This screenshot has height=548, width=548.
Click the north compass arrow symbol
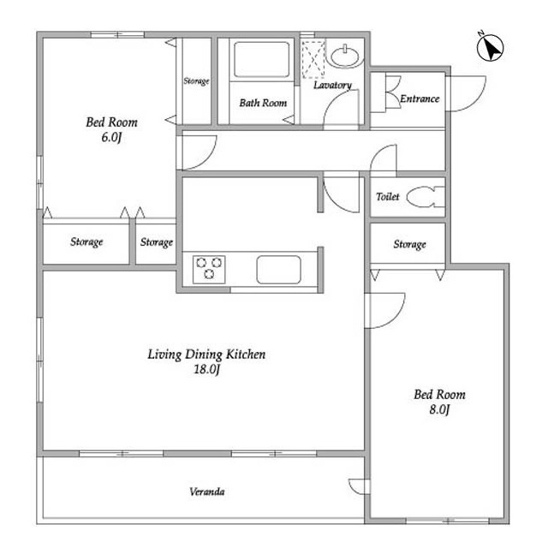coord(490,47)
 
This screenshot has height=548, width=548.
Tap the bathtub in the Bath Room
coord(261,59)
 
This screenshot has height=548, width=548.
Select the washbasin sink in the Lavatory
coord(345,56)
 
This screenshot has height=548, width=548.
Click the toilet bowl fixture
coord(426,196)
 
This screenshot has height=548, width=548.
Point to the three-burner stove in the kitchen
coord(209,269)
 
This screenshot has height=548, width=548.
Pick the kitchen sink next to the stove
coord(278,270)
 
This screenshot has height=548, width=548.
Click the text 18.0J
coord(207,369)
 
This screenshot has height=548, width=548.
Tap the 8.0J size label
coord(439,409)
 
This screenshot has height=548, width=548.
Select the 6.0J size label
coord(111,137)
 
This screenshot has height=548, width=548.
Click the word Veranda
coord(207,491)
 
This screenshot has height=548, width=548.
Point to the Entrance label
coord(420,99)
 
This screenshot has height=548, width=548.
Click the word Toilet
coord(388,197)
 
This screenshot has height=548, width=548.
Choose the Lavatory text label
coord(332,85)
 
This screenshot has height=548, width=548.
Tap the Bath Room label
coord(263,103)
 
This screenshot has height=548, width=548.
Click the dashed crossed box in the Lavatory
coord(313,59)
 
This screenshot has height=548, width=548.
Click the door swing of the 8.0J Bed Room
coord(396,318)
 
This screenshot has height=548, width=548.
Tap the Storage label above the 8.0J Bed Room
coord(409,244)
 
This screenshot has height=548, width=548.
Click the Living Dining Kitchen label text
coord(206,354)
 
